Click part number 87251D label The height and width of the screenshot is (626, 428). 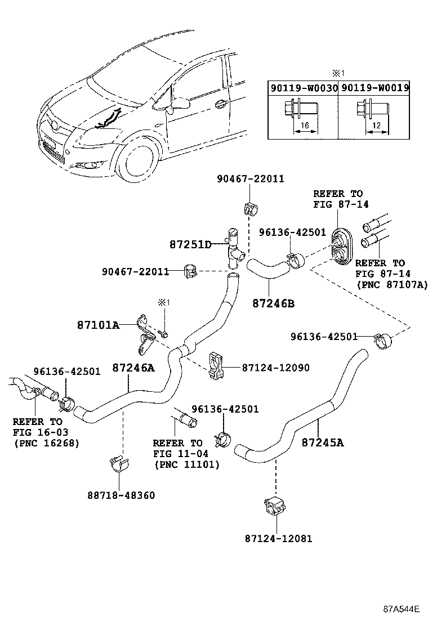point(190,244)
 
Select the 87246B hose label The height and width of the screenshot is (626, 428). point(274,303)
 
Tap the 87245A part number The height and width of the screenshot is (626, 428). point(323,442)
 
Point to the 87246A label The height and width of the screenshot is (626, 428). point(133,367)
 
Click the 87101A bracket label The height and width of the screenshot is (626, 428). point(98,325)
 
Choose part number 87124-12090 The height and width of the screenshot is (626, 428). point(275,368)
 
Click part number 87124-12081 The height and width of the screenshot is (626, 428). point(278,538)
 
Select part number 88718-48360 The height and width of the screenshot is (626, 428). point(121,495)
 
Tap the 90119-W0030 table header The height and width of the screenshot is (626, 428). point(304,88)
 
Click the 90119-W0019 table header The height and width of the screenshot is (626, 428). point(375,88)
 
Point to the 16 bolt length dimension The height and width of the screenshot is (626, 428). point(305,126)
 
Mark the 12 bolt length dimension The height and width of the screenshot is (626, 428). point(376,126)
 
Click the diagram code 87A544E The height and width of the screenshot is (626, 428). point(401,609)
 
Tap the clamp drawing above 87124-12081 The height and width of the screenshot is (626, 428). point(275,507)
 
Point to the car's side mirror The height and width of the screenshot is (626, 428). point(179,102)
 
